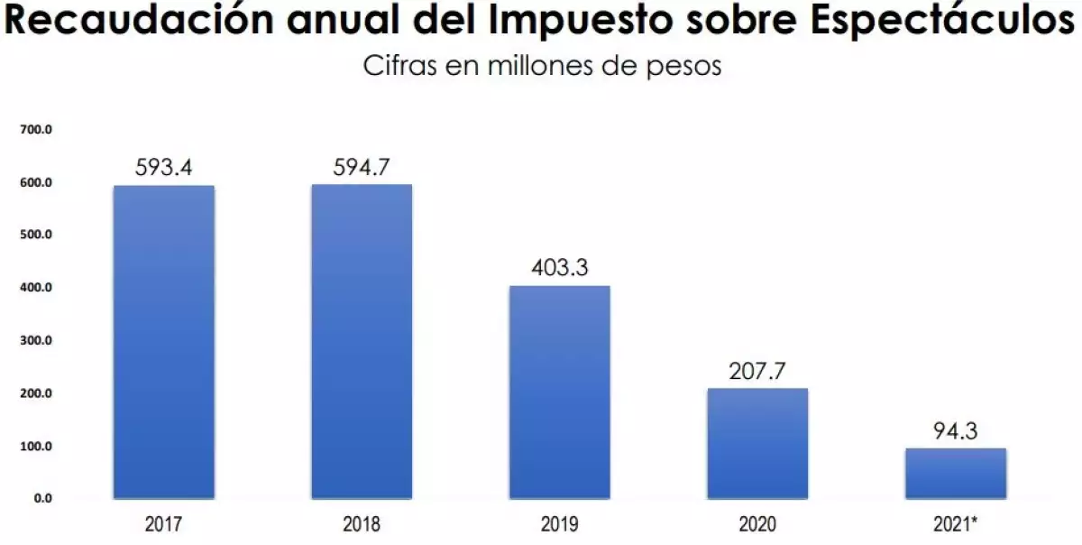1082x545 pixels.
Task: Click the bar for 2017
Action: [163, 342]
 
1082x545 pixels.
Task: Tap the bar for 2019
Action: [560, 392]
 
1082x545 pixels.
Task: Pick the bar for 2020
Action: [757, 443]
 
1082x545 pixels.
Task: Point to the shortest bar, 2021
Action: [956, 473]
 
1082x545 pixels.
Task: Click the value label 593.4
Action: [163, 168]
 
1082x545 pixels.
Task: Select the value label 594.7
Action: [362, 168]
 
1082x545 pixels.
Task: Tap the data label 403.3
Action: [560, 269]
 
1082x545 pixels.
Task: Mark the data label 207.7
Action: [757, 372]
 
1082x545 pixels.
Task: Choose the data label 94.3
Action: [956, 431]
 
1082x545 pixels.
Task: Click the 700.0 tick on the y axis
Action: [37, 130]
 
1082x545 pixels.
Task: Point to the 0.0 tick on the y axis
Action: [41, 498]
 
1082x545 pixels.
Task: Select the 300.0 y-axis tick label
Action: [37, 341]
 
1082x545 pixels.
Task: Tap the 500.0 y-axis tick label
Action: [37, 236]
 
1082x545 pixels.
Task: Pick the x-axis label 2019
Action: [560, 524]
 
